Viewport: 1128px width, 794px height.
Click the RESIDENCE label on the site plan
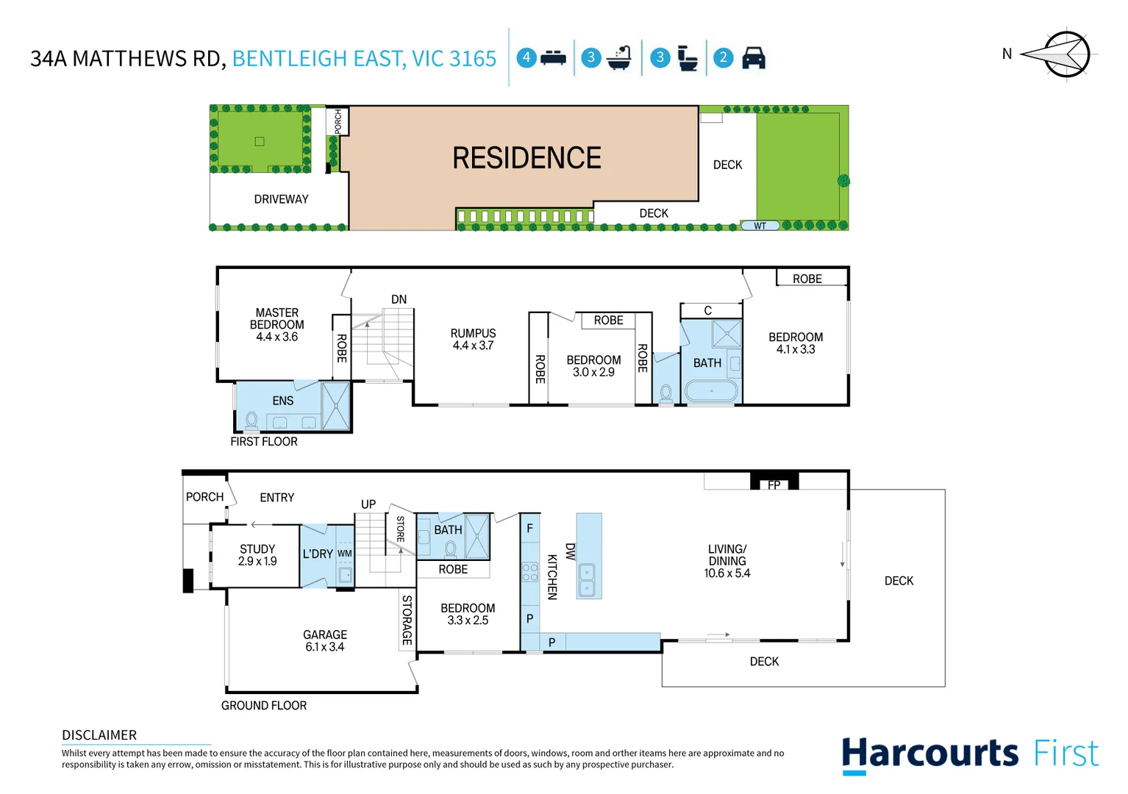click(x=526, y=158)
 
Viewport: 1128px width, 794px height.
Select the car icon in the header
click(x=754, y=57)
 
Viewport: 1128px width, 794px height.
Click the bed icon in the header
click(x=553, y=57)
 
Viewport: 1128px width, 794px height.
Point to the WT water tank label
click(x=760, y=226)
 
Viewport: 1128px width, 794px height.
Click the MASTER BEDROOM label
click(x=276, y=318)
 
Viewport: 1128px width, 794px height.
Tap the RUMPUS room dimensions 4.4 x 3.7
click(x=473, y=346)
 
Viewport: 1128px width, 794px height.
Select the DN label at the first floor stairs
click(x=399, y=299)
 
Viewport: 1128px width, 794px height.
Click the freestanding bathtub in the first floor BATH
click(x=710, y=390)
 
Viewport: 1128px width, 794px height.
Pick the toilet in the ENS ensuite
click(x=251, y=420)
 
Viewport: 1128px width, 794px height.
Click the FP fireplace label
click(x=774, y=485)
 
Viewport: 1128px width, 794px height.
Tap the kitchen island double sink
click(x=587, y=580)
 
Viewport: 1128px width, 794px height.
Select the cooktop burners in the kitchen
click(x=529, y=572)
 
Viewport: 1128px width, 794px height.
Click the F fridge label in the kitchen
click(x=529, y=529)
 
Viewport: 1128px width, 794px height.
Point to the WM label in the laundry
click(x=344, y=554)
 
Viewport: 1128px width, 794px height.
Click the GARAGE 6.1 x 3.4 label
click(x=325, y=640)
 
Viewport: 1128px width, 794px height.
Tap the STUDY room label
click(x=257, y=549)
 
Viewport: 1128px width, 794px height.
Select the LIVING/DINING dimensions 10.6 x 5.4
click(x=727, y=573)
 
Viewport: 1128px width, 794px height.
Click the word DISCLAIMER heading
click(x=99, y=735)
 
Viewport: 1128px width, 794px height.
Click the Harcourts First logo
click(x=969, y=754)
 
